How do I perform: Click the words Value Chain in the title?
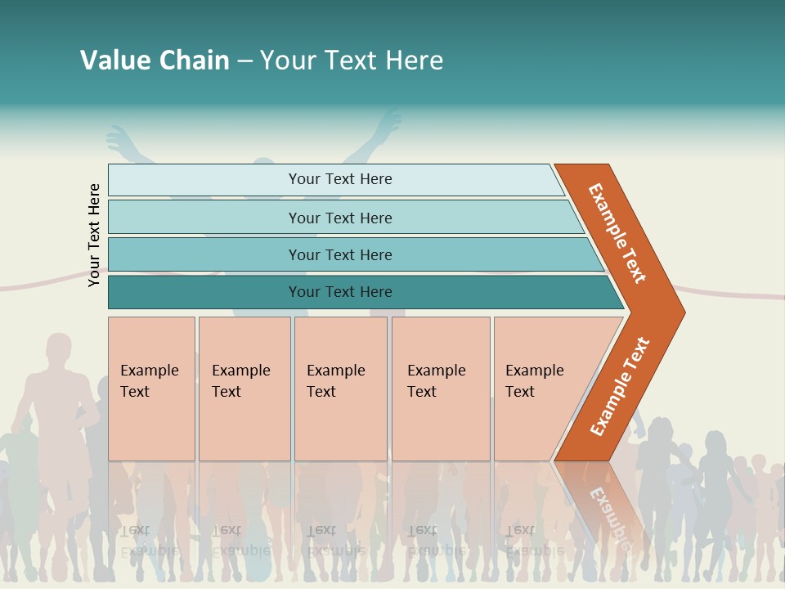point(155,61)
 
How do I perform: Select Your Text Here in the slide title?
point(352,61)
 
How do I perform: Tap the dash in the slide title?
point(244,61)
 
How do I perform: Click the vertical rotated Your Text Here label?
point(95,236)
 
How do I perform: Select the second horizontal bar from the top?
point(340,218)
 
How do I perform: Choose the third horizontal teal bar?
point(340,254)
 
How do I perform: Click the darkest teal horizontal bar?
point(340,292)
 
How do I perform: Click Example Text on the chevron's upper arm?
point(617,233)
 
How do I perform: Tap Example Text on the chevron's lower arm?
point(620,386)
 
